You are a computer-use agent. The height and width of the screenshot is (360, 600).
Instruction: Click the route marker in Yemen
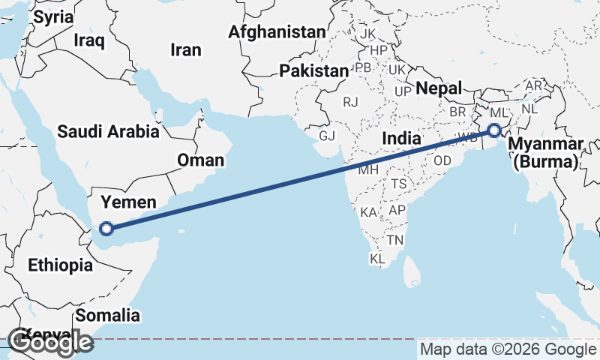pyautogui.click(x=106, y=229)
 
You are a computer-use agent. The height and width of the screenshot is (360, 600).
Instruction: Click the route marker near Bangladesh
pyautogui.click(x=494, y=130)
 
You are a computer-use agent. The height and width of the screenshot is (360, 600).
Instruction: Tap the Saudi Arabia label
pyautogui.click(x=109, y=132)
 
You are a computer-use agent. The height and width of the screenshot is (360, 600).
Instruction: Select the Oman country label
pyautogui.click(x=200, y=160)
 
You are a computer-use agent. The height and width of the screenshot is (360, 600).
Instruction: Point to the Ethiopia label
pyautogui.click(x=60, y=265)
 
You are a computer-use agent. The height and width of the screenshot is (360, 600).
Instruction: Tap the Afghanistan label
pyautogui.click(x=277, y=32)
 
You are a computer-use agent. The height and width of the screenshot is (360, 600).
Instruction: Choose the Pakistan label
pyautogui.click(x=314, y=71)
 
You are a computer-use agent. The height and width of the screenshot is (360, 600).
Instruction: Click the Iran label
pyautogui.click(x=186, y=50)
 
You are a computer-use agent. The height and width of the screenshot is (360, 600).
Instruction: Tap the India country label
pyautogui.click(x=401, y=138)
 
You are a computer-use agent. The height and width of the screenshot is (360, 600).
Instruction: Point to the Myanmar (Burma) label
pyautogui.click(x=544, y=152)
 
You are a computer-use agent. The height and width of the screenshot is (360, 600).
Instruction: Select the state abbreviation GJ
pyautogui.click(x=327, y=136)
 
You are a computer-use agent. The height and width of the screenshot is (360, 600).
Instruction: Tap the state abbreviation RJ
pyautogui.click(x=351, y=101)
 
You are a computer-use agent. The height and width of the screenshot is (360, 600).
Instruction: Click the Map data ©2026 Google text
pyautogui.click(x=508, y=349)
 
